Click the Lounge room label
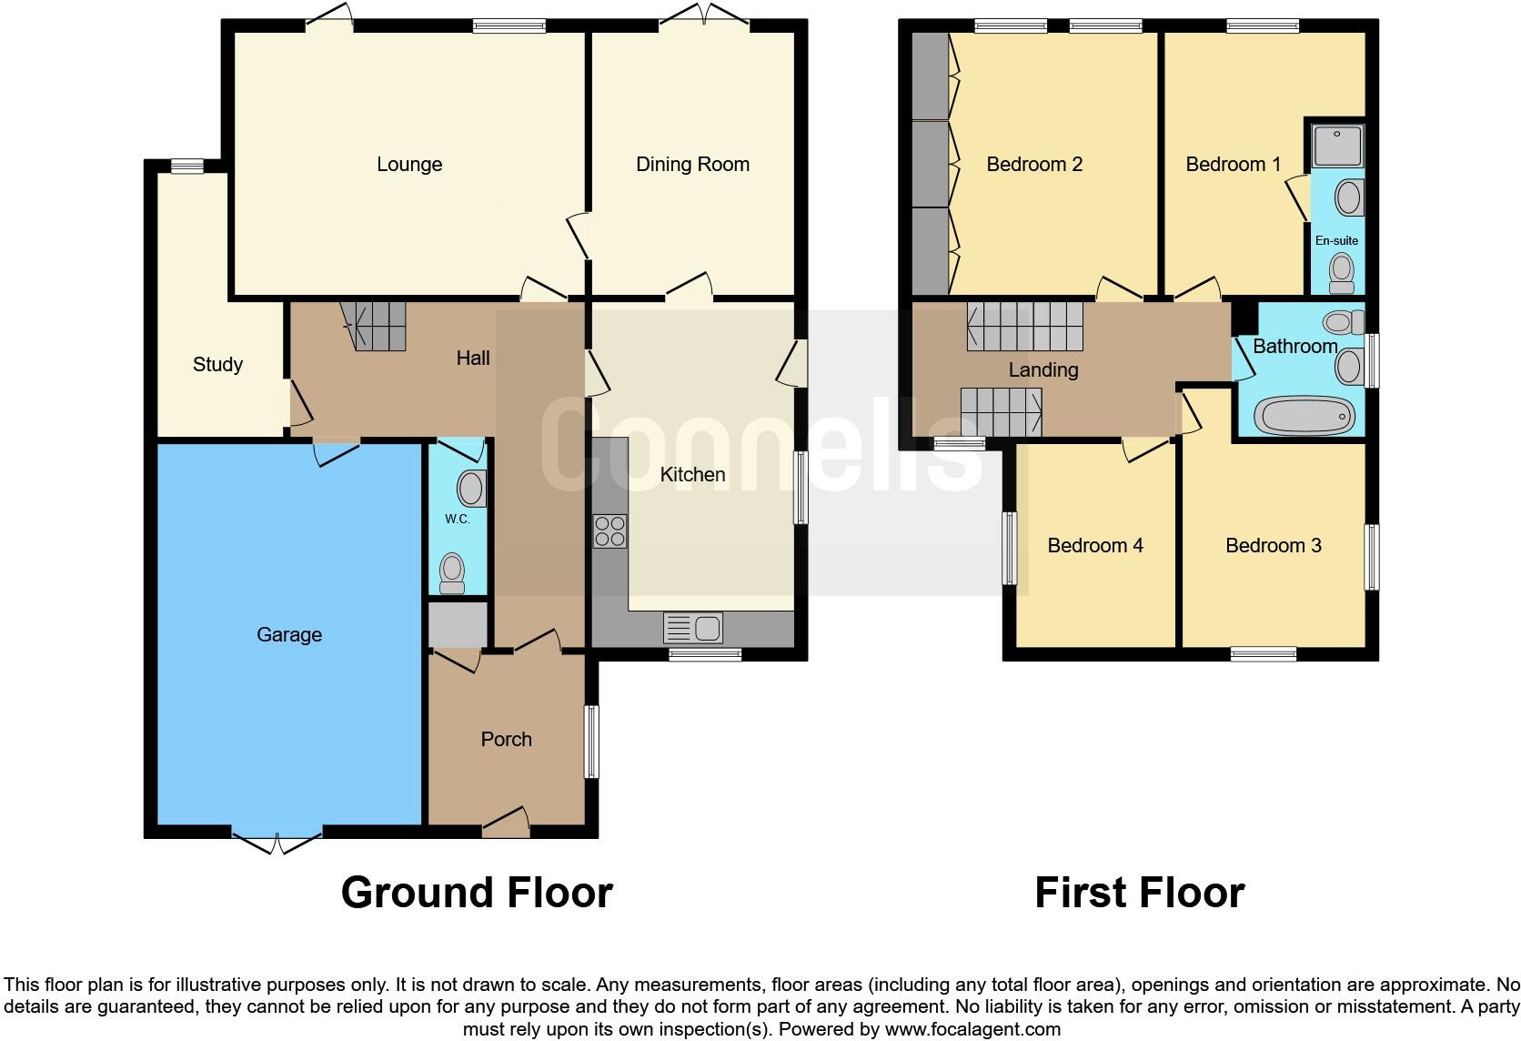(x=409, y=165)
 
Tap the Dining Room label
(x=692, y=165)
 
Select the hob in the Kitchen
(x=609, y=531)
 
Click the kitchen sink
(x=693, y=628)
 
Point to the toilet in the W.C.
(x=452, y=574)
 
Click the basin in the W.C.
(x=471, y=489)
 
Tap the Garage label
(x=289, y=635)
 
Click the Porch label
(x=506, y=740)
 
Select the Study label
(x=217, y=365)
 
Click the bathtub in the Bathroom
(x=1303, y=417)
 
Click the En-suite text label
(x=1336, y=241)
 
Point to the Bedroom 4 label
(x=1094, y=546)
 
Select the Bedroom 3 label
(x=1273, y=546)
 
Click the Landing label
(x=1043, y=370)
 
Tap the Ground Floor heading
(x=477, y=893)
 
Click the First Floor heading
(x=1139, y=893)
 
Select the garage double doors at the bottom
(x=277, y=844)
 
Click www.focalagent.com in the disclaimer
(x=972, y=1030)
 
